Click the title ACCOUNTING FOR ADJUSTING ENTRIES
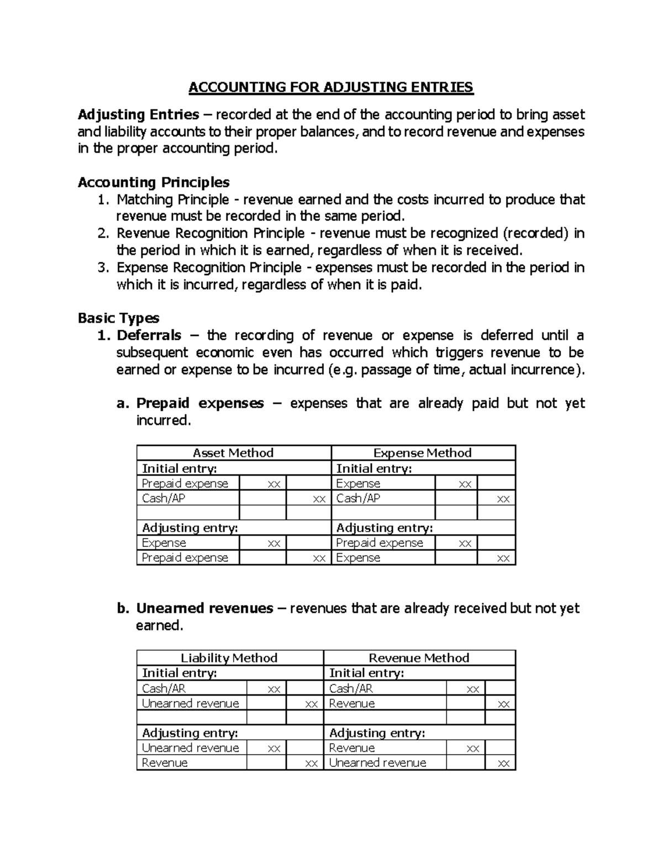331,87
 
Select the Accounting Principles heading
154,182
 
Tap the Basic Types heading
118,318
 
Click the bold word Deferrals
149,335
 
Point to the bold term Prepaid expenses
200,403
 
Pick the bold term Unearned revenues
204,608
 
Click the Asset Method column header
233,453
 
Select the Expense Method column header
422,453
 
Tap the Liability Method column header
229,658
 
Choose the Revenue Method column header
419,658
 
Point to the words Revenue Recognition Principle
211,234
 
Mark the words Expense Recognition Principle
209,268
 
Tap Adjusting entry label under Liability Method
190,733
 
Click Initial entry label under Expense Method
374,469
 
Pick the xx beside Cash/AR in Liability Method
273,689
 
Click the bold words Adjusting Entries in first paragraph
138,115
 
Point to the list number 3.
102,268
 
